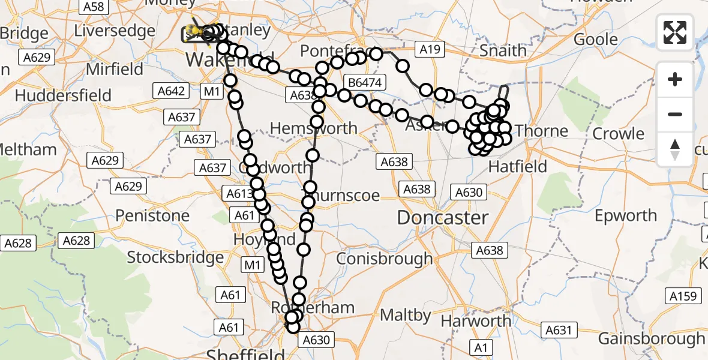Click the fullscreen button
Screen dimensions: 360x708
675,32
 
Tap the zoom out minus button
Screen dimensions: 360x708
675,114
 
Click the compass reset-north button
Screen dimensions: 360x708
675,149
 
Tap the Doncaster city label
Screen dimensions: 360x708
443,217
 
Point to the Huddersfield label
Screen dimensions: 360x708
63,95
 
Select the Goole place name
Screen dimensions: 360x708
596,40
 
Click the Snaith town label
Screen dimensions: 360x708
503,50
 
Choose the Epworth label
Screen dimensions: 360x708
626,215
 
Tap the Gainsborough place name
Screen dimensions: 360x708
652,339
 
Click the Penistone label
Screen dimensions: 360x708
152,215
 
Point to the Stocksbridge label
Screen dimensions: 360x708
175,258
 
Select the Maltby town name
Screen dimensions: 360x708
406,315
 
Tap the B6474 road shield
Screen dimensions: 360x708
366,82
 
